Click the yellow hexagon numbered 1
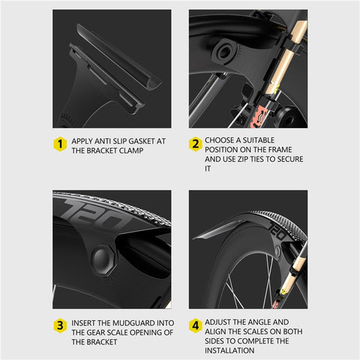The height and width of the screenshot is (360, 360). coord(60,144)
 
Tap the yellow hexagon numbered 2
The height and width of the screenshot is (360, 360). coord(196,144)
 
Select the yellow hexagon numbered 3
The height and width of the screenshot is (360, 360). coord(60,325)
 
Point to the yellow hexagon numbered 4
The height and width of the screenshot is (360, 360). coord(196,325)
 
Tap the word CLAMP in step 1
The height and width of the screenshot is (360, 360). coord(131,151)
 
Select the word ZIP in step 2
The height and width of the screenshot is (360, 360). coord(243,159)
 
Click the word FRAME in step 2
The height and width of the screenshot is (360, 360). coord(280,149)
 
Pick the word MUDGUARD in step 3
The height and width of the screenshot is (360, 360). coord(135,323)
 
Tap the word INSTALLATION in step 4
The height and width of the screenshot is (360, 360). coord(229,350)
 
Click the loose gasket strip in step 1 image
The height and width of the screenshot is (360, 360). coord(118,56)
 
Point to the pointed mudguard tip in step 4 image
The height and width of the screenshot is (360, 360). coord(194,238)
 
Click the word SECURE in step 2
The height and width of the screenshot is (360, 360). coord(290,159)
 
